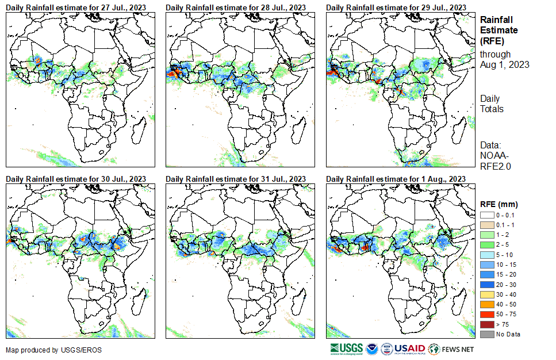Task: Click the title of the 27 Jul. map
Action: [x=75, y=7]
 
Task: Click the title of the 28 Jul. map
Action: [x=236, y=7]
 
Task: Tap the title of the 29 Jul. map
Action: [x=396, y=7]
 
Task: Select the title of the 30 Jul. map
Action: [x=75, y=179]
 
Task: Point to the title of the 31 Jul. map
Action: [x=236, y=179]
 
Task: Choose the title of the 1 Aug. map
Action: [x=396, y=179]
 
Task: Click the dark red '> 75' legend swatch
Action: [x=486, y=325]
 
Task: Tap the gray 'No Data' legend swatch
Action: [x=486, y=334]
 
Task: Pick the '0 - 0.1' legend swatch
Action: [x=486, y=215]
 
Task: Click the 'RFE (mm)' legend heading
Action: [x=499, y=204]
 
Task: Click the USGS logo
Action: [x=347, y=348]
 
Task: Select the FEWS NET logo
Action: [x=451, y=348]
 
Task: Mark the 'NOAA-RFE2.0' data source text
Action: [x=496, y=160]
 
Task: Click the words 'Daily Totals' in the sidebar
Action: [x=492, y=104]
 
